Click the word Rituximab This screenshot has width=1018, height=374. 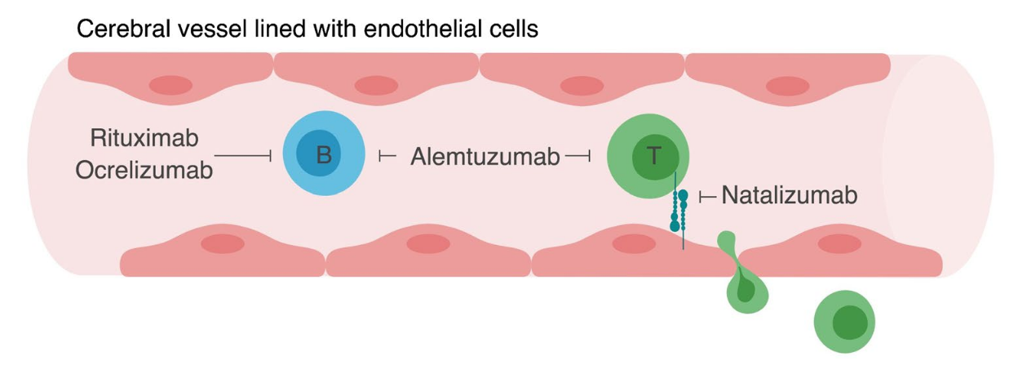coord(144,136)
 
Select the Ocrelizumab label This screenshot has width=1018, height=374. coord(144,171)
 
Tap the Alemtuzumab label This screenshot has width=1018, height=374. coord(485,156)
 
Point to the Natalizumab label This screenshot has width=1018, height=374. coord(789,195)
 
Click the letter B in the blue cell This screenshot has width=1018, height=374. coord(324,154)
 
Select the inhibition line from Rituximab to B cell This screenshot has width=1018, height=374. coord(242,154)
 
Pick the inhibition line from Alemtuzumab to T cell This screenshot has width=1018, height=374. coord(577,155)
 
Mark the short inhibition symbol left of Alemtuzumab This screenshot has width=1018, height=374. coord(387,155)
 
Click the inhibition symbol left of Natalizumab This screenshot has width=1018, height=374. coord(707,196)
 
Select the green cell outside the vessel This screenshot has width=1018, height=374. coord(844,322)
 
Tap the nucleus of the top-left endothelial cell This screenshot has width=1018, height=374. coord(170,85)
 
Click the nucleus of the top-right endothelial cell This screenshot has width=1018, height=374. coord(787,86)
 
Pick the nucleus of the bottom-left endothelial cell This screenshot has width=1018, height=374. coord(223,243)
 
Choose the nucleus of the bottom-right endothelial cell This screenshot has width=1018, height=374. coord(839,243)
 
